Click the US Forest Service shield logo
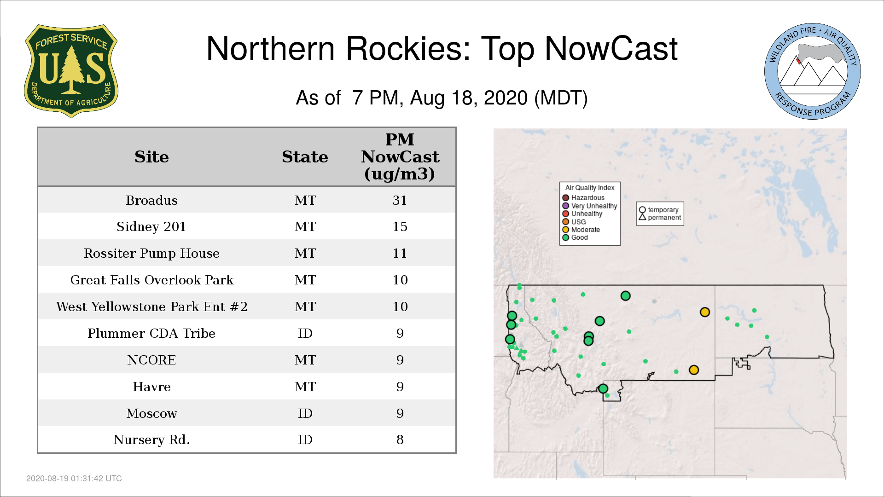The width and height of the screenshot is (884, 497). tap(71, 71)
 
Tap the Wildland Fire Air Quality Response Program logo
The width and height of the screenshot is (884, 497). tap(813, 71)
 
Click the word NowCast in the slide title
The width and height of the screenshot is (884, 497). tap(611, 48)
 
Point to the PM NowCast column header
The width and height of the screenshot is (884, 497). tap(400, 156)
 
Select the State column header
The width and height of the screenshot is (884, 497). tap(305, 157)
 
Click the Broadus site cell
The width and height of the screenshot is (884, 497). tap(151, 200)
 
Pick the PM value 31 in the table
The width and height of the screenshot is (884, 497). tap(400, 200)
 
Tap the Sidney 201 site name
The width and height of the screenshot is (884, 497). tap(151, 226)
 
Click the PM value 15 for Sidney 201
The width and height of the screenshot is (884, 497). tap(400, 226)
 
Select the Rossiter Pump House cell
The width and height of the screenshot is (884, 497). tap(151, 253)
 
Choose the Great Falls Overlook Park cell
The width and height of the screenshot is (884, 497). tap(152, 280)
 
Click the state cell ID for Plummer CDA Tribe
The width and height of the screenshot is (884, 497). tap(305, 333)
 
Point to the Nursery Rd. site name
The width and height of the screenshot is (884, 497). tap(151, 439)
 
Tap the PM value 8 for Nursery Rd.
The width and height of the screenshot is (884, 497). tap(400, 439)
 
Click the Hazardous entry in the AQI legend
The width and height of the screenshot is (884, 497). tap(583, 198)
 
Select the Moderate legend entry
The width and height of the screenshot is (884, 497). tap(581, 230)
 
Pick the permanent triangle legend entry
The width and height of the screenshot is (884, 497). tap(660, 218)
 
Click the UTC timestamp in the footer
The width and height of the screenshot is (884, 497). tap(74, 479)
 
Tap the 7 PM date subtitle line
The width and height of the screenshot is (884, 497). tap(442, 98)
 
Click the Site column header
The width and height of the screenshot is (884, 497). tap(151, 157)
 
